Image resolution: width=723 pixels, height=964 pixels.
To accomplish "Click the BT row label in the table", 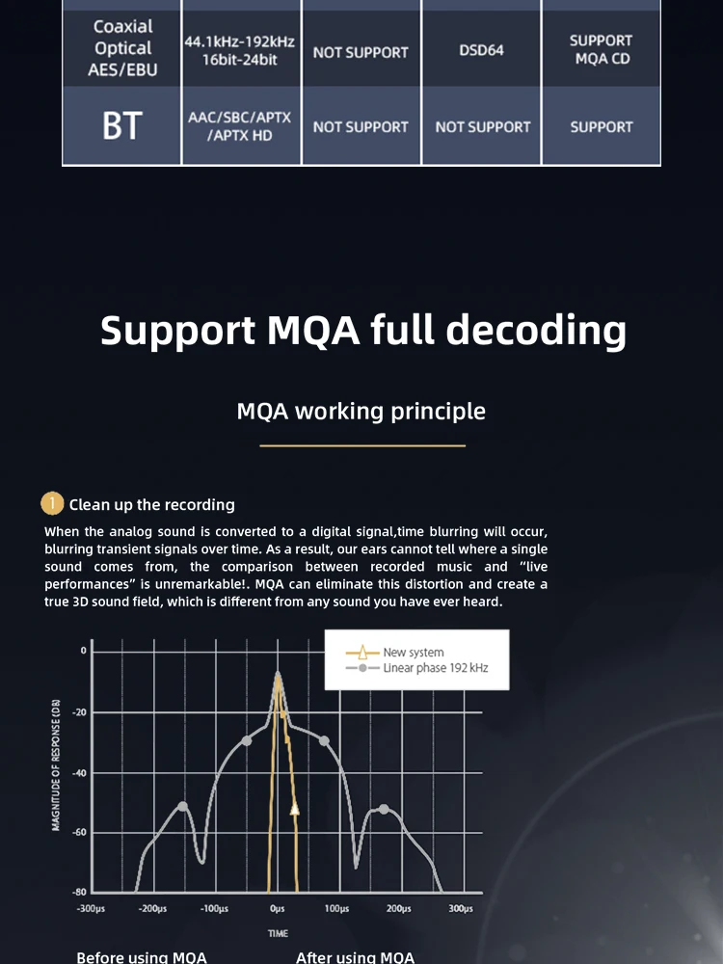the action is [x=121, y=126].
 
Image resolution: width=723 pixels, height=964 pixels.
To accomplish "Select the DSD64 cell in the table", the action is [x=481, y=49].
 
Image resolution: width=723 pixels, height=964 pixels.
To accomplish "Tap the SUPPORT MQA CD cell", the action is [x=601, y=50].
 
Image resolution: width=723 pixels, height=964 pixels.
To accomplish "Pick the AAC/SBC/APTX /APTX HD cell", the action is [x=240, y=126].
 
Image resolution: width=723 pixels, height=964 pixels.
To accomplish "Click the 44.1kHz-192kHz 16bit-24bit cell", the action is [x=240, y=50].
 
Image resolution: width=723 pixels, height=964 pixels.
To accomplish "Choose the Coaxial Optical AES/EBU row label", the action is [x=122, y=48].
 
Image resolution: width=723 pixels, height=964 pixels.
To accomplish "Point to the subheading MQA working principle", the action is [x=361, y=412].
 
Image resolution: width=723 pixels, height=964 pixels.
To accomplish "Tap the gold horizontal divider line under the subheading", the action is [x=362, y=445].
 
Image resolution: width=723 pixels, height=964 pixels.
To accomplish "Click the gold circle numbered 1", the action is [x=52, y=504].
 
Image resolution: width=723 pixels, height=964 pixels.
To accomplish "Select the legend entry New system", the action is [x=413, y=653].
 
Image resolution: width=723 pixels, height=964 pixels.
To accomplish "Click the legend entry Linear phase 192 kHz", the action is [x=435, y=668].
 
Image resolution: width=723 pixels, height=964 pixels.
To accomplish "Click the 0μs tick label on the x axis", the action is [x=278, y=909].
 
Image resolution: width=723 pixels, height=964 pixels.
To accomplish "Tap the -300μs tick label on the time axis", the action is [x=93, y=909].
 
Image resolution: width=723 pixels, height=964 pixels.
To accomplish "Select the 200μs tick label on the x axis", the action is [x=399, y=909].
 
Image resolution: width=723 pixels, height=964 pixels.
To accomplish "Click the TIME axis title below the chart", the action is [x=278, y=933].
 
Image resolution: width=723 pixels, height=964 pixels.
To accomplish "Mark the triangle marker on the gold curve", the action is [x=295, y=809].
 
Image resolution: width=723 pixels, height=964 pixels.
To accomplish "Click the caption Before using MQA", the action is [x=142, y=957].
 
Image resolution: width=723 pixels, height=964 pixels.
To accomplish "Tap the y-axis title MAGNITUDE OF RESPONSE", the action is [x=56, y=763].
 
